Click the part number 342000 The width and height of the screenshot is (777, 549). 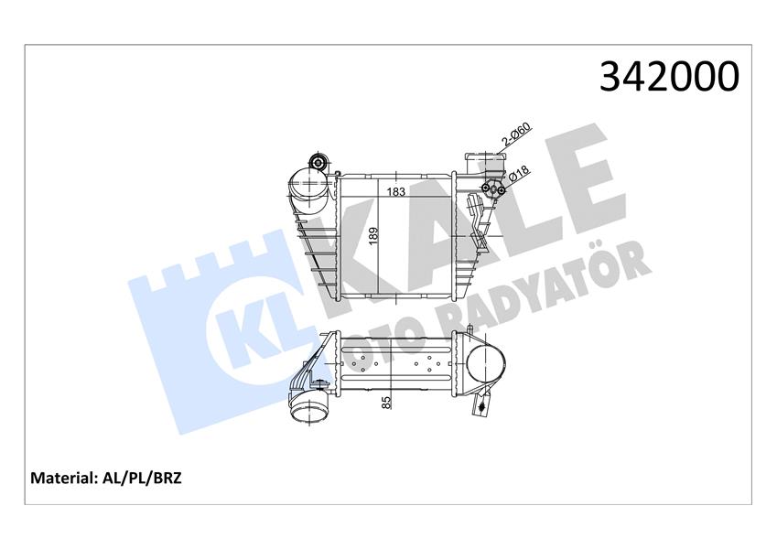click(668, 78)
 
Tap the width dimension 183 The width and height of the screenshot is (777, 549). click(396, 192)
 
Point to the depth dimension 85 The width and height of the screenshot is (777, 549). click(387, 400)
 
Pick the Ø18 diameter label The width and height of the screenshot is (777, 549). click(520, 174)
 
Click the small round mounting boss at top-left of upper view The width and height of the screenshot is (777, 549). click(318, 164)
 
